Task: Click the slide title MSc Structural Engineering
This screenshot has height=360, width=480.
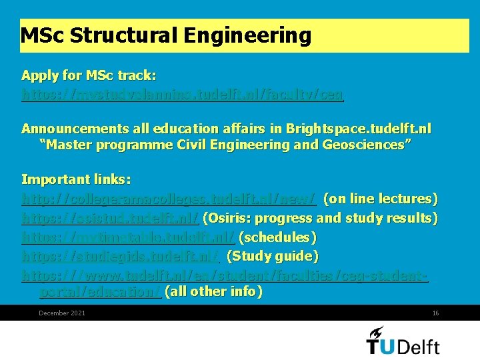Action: point(166,35)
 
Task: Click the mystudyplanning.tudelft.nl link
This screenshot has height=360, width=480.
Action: point(183,95)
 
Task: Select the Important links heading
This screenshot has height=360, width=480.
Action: point(76,179)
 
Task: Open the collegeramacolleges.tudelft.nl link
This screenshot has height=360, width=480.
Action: point(169,199)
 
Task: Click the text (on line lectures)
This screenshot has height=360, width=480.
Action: point(380,199)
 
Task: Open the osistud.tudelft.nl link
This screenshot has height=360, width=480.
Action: point(111,218)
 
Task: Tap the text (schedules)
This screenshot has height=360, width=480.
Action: point(277,237)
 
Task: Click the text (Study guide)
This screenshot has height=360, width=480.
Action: point(273,256)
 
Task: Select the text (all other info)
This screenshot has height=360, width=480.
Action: point(213,291)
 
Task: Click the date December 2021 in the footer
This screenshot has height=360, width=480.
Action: point(62,313)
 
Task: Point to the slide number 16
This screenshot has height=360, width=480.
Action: point(435,313)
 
